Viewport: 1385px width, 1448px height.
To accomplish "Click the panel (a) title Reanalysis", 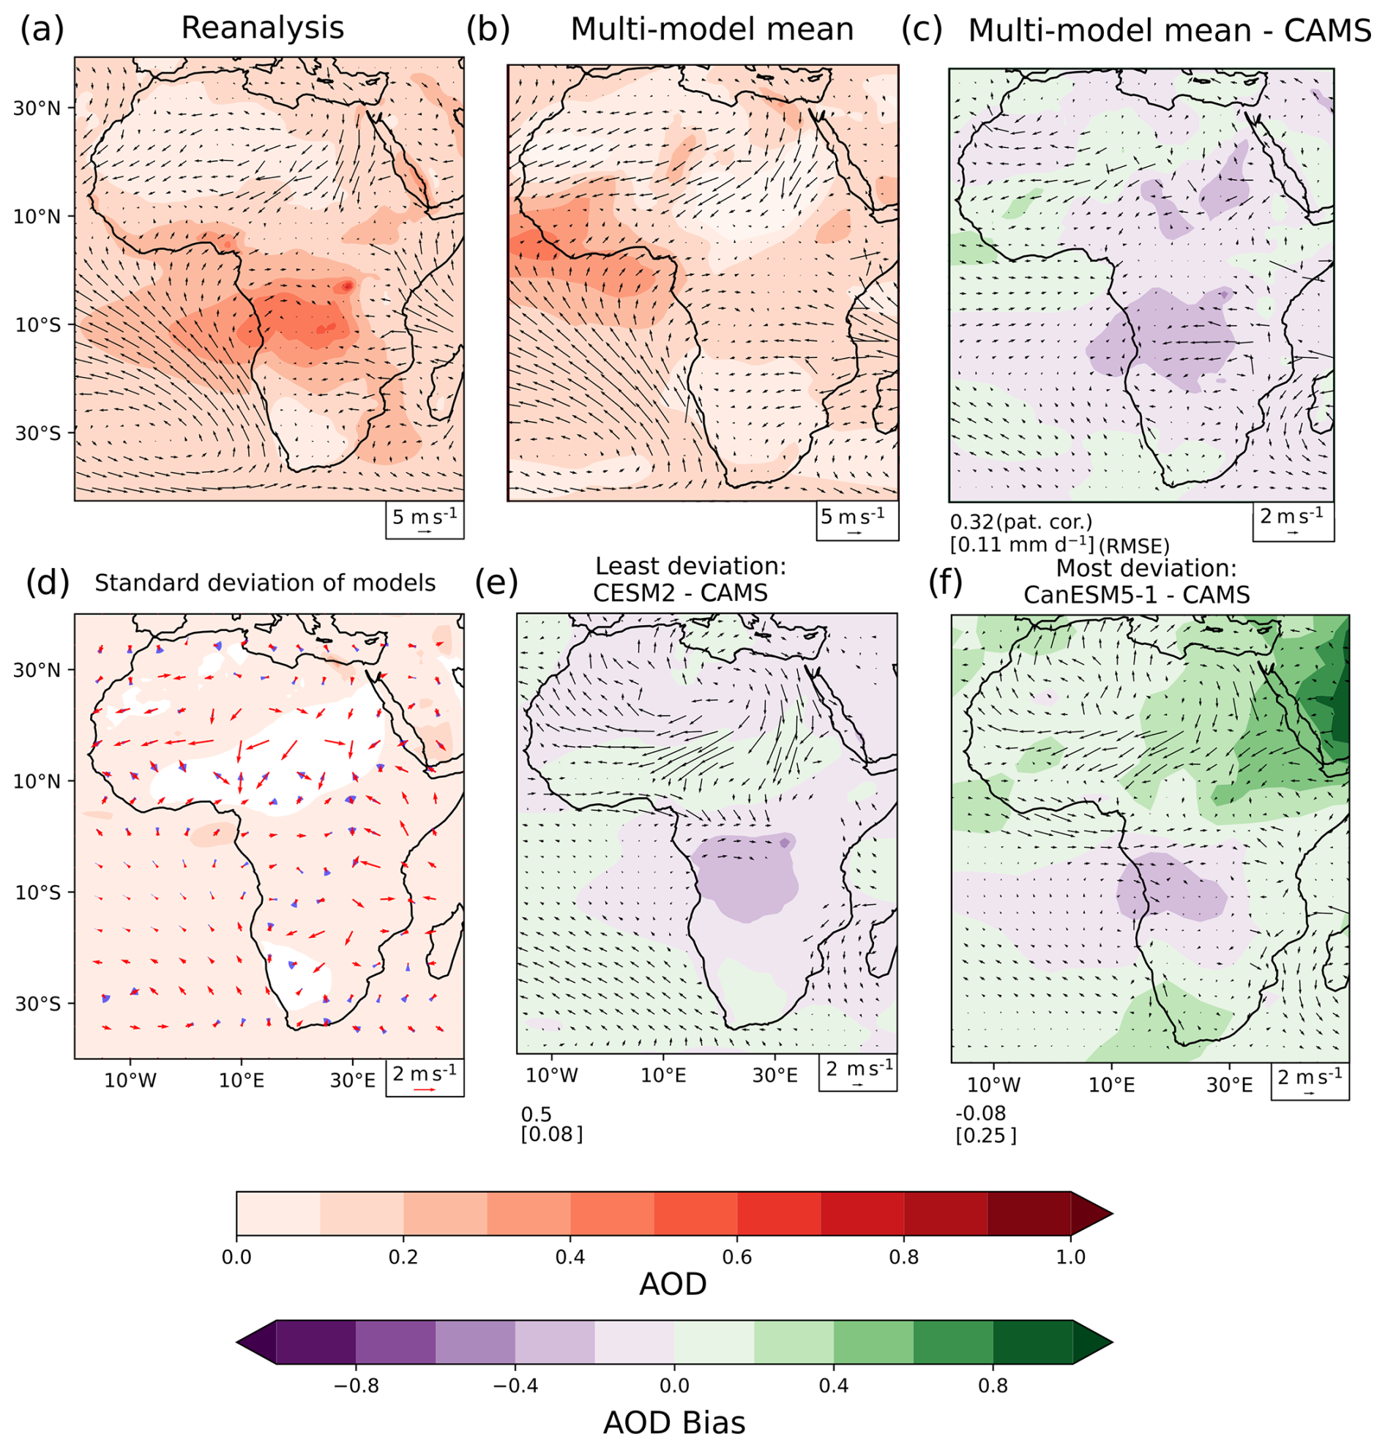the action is tap(263, 28).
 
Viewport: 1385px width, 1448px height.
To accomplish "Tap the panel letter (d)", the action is tap(48, 583).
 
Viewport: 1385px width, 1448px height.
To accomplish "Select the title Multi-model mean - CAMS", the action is tap(1170, 31).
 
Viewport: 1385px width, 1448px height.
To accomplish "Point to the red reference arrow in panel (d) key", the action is tap(425, 1089).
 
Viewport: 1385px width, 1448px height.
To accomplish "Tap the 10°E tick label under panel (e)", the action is tap(663, 1075).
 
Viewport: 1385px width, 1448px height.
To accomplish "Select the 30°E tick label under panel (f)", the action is tap(1229, 1085).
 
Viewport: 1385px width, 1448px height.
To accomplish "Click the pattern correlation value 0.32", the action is tap(971, 522).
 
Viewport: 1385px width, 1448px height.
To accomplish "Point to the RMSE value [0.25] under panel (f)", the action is tap(985, 1135).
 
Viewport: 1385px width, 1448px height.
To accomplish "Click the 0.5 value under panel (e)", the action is tap(537, 1114).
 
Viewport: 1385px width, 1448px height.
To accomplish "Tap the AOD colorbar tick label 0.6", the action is tap(737, 1257).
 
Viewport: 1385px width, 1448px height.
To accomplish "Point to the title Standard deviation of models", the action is tap(265, 583).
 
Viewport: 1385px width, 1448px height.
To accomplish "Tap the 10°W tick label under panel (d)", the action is tap(130, 1081).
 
